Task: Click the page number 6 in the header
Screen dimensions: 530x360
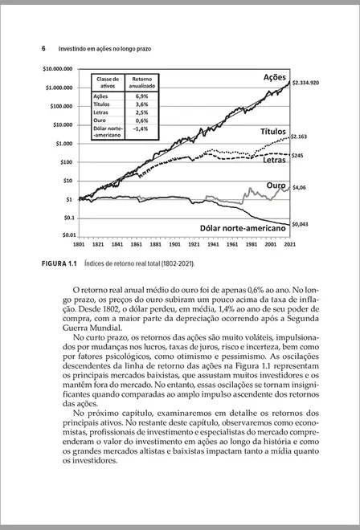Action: [43, 48]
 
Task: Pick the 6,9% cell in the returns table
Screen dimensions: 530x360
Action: [142, 96]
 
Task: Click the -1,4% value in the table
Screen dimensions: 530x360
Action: [141, 128]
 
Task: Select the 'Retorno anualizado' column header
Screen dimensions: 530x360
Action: [142, 83]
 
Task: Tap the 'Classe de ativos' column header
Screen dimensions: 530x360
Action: [108, 83]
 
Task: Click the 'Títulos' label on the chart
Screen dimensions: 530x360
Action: [272, 131]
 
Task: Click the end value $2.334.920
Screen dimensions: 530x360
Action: [306, 82]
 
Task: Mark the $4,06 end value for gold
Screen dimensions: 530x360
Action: [299, 187]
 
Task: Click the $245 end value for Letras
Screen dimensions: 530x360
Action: [297, 154]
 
